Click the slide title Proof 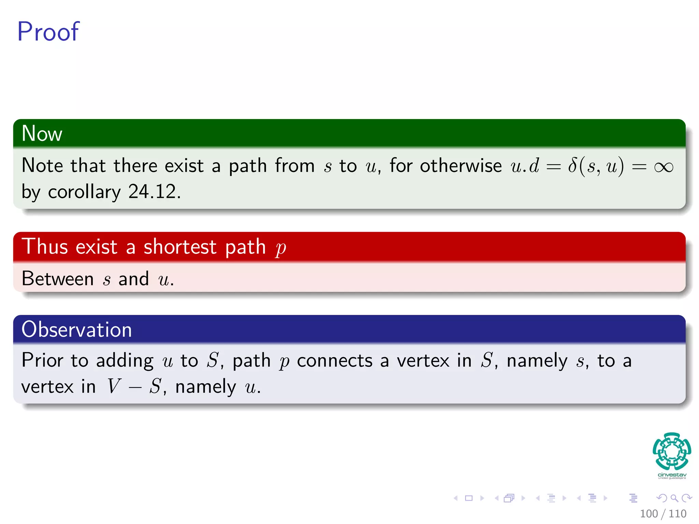click(x=48, y=32)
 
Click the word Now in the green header click(x=42, y=133)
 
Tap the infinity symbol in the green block click(x=664, y=167)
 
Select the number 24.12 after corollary click(x=154, y=192)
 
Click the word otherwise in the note click(x=461, y=166)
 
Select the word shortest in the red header click(x=180, y=247)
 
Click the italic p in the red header click(x=281, y=248)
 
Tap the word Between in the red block click(x=58, y=279)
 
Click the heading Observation click(x=76, y=330)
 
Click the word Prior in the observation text click(x=42, y=360)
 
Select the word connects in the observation click(x=334, y=361)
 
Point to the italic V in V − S click(x=114, y=387)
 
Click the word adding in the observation click(x=125, y=361)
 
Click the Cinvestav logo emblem click(x=672, y=451)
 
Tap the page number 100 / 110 click(x=663, y=513)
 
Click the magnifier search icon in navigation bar click(x=674, y=498)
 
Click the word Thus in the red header click(x=45, y=247)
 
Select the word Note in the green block click(x=42, y=166)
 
